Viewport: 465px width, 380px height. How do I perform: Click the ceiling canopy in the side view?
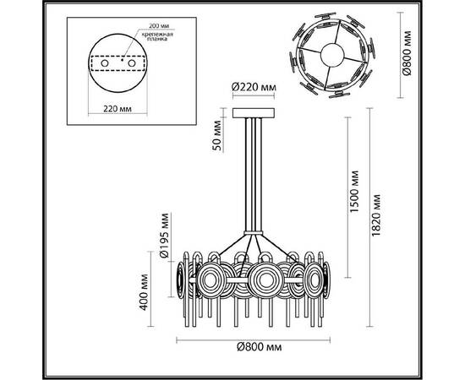[252, 111]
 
